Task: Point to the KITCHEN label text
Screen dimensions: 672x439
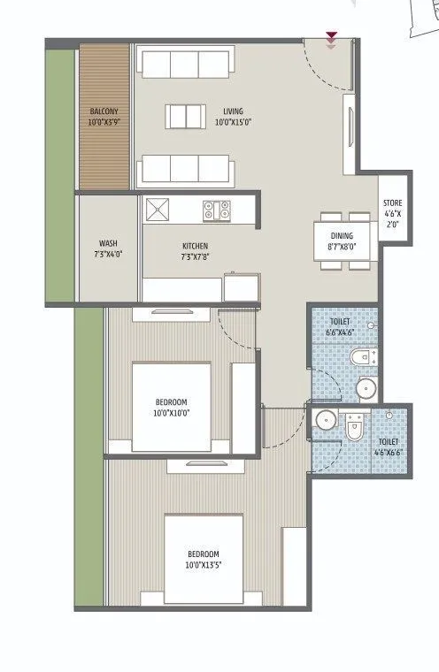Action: click(x=195, y=251)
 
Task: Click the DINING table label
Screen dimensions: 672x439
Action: click(x=341, y=241)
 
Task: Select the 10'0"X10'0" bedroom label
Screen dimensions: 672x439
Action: click(x=171, y=407)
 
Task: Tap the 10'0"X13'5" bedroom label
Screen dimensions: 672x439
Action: click(x=204, y=559)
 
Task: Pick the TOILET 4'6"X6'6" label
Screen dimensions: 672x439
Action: click(x=389, y=447)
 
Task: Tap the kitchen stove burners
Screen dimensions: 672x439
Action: click(x=217, y=210)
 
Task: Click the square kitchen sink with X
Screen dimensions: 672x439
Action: click(x=159, y=210)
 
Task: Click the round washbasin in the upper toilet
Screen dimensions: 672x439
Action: click(x=366, y=389)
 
